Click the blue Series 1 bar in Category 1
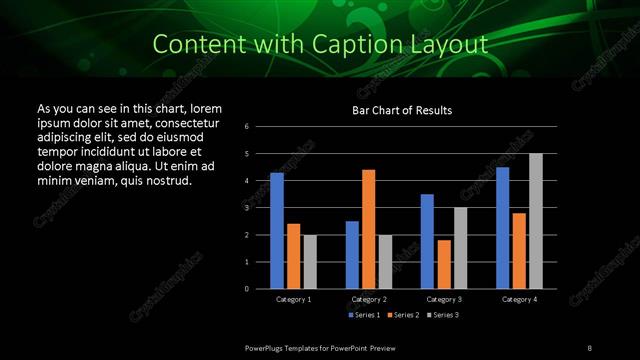click(277, 231)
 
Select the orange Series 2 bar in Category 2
click(369, 229)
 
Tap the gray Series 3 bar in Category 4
click(536, 221)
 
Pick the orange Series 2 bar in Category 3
click(444, 264)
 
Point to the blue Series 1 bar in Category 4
click(503, 228)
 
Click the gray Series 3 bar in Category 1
click(310, 262)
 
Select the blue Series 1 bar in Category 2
click(352, 255)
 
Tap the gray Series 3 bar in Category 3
click(460, 248)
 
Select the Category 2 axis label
click(369, 299)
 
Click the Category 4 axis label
click(519, 299)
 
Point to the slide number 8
click(589, 347)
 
